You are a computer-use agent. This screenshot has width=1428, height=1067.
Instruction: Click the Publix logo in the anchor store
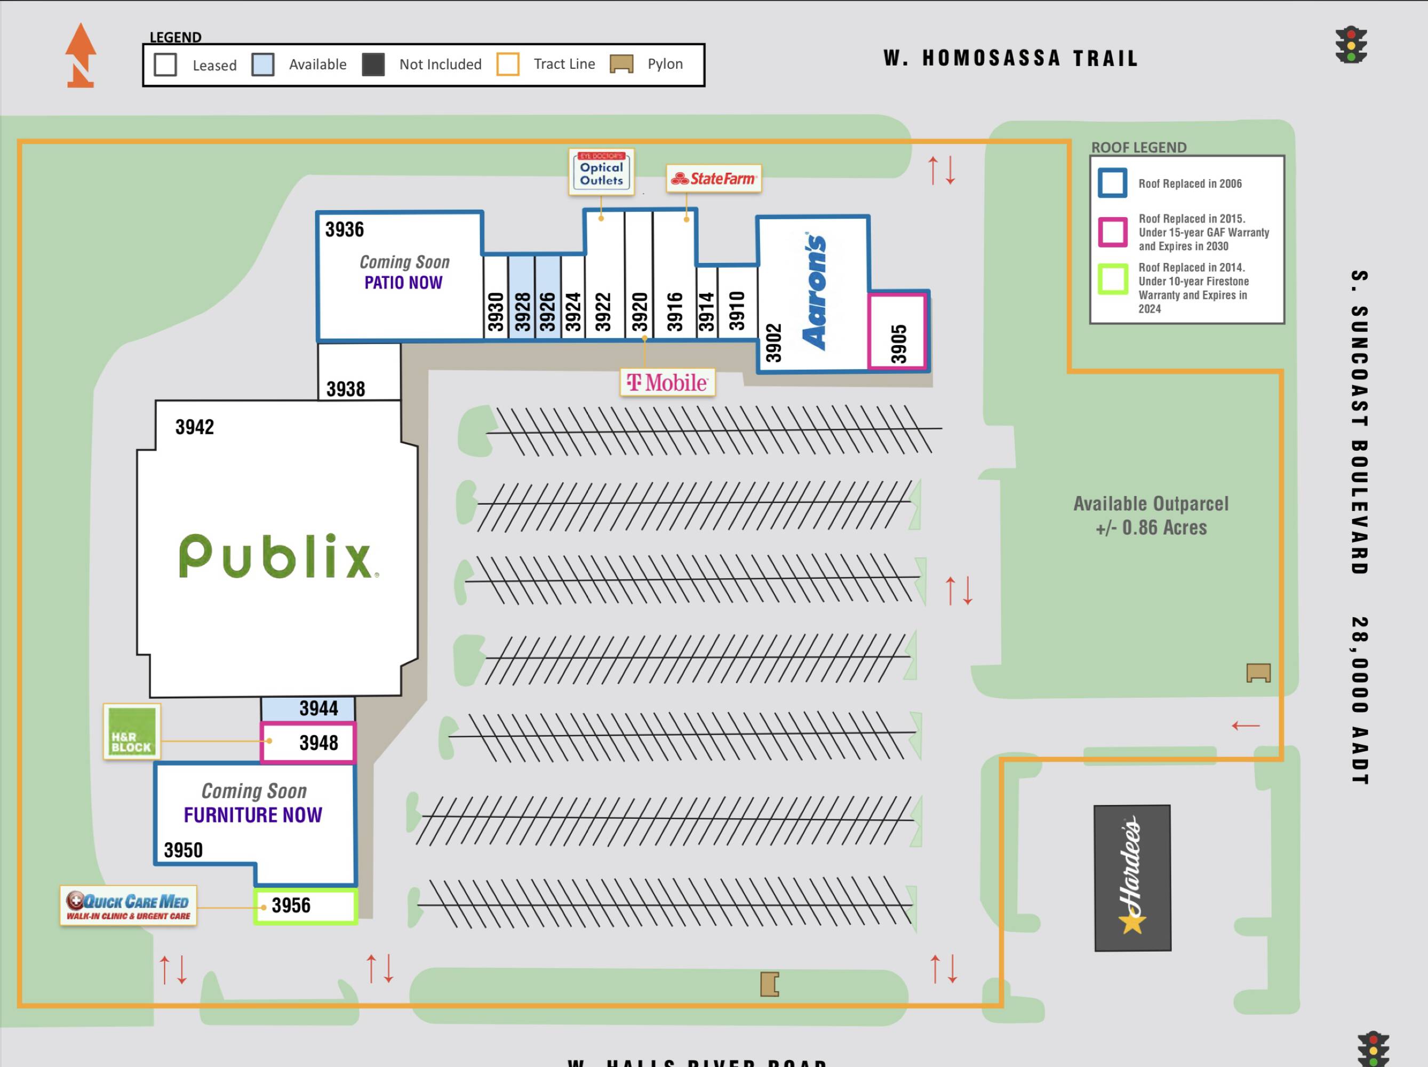pyautogui.click(x=276, y=556)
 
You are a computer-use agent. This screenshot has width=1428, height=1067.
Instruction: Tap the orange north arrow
pyautogui.click(x=81, y=55)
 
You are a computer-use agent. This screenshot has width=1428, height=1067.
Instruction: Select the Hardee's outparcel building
pyautogui.click(x=1132, y=878)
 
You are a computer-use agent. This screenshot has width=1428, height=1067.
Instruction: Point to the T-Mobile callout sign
pyautogui.click(x=667, y=383)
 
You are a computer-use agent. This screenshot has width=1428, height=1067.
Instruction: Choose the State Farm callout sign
pyautogui.click(x=713, y=178)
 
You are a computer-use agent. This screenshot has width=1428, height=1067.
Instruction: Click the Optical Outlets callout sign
pyautogui.click(x=601, y=172)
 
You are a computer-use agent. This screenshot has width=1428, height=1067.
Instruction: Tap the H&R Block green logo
pyautogui.click(x=132, y=731)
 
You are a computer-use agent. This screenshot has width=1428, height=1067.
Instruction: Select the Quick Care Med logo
pyautogui.click(x=129, y=906)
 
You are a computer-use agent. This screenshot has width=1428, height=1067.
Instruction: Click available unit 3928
pyautogui.click(x=522, y=311)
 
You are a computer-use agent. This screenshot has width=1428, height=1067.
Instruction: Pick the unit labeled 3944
pyautogui.click(x=318, y=708)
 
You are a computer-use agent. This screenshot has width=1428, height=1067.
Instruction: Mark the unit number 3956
pyautogui.click(x=291, y=906)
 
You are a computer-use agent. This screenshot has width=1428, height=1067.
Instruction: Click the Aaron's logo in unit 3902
pyautogui.click(x=815, y=292)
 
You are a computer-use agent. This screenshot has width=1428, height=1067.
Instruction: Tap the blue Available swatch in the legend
pyautogui.click(x=263, y=65)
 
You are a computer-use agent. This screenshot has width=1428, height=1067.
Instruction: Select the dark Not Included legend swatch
pyautogui.click(x=373, y=65)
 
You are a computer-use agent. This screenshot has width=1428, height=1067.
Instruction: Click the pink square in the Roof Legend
pyautogui.click(x=1113, y=232)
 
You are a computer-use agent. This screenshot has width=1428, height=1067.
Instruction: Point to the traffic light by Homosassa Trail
pyautogui.click(x=1351, y=44)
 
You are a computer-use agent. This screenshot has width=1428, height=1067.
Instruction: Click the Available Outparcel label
pyautogui.click(x=1151, y=515)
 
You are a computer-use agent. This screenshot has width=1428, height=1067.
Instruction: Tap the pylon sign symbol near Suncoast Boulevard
pyautogui.click(x=1258, y=673)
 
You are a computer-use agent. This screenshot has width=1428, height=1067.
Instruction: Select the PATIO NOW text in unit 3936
pyautogui.click(x=403, y=283)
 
